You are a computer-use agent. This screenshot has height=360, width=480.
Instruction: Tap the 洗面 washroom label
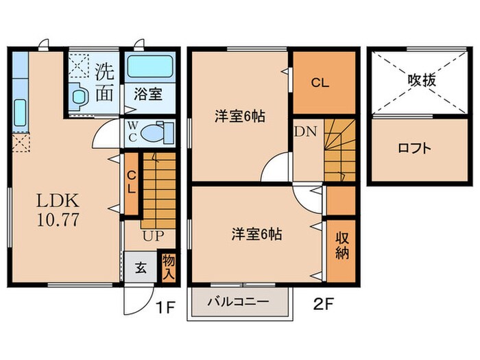104,81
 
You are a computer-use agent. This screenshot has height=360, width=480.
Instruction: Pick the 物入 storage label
167,267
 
